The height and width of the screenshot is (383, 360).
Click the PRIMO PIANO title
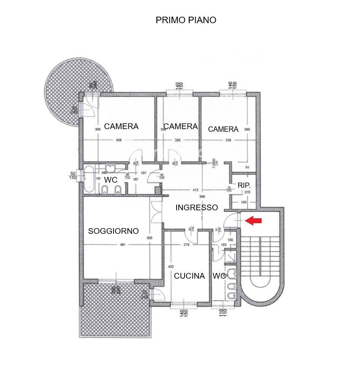click(x=186, y=20)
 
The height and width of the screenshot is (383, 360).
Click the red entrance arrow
click(x=253, y=221)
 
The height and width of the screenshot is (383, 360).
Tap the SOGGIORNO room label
click(x=113, y=231)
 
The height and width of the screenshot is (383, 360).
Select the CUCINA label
click(x=189, y=276)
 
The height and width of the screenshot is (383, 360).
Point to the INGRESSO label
click(x=196, y=208)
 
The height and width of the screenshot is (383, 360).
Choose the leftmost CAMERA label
click(x=121, y=126)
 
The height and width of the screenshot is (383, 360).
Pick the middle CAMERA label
click(x=180, y=126)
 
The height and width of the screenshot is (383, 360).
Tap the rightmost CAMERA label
click(x=223, y=129)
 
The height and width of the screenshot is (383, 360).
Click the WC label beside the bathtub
click(x=111, y=180)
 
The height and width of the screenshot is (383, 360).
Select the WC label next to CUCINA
click(x=219, y=276)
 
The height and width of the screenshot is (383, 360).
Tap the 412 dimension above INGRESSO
click(x=196, y=190)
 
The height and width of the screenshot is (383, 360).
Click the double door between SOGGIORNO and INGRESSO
click(x=155, y=213)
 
